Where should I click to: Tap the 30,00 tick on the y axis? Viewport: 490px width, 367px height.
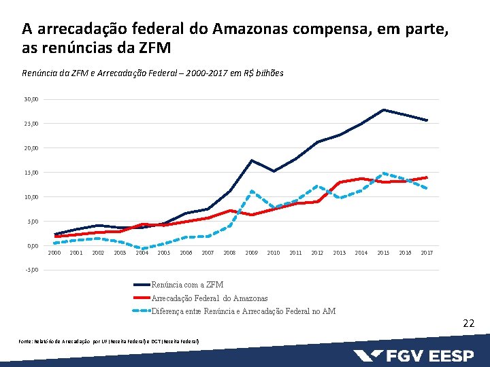coord(31,99)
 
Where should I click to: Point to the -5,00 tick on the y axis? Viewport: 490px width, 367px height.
coord(31,270)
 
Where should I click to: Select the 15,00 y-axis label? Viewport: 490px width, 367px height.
coord(31,173)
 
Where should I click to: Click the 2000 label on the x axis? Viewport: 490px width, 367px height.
coord(54,253)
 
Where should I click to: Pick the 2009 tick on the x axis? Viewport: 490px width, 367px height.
coord(252,253)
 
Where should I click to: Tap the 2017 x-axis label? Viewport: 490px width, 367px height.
coord(427,253)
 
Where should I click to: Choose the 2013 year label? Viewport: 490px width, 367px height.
coord(339,253)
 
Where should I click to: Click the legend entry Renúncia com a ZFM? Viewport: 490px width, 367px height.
coord(187,285)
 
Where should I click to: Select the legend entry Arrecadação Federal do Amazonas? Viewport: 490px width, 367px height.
coord(209,298)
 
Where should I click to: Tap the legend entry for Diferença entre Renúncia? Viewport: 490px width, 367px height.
coord(243,311)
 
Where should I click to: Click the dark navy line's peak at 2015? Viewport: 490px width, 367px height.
coord(383,109)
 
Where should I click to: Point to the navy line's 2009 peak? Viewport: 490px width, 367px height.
coord(252,160)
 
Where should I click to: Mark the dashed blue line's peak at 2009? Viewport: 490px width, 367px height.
coord(252,191)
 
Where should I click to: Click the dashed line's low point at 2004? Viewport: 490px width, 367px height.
coord(142,249)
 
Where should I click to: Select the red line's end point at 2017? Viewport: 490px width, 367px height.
coord(427,177)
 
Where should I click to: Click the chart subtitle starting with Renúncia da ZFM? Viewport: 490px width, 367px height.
coord(153,73)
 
